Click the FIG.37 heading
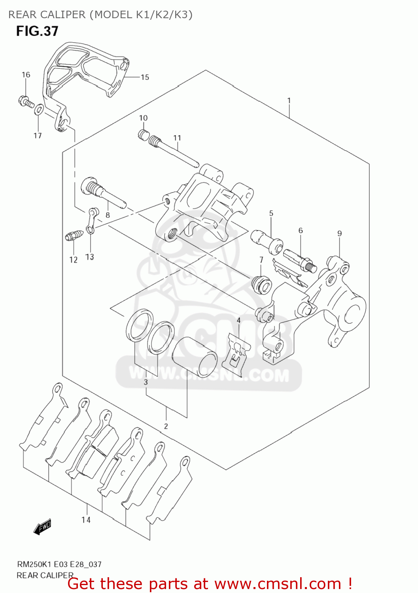(x=37, y=31)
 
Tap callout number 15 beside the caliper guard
(x=145, y=77)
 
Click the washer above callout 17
(x=39, y=110)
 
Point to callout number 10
(x=143, y=118)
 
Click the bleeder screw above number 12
(x=74, y=236)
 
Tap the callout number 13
(x=90, y=257)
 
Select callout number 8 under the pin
(x=108, y=215)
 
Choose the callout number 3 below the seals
(x=146, y=382)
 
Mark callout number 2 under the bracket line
(x=166, y=426)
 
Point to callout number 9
(x=339, y=233)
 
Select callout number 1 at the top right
(x=289, y=100)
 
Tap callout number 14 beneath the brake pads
(x=86, y=520)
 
